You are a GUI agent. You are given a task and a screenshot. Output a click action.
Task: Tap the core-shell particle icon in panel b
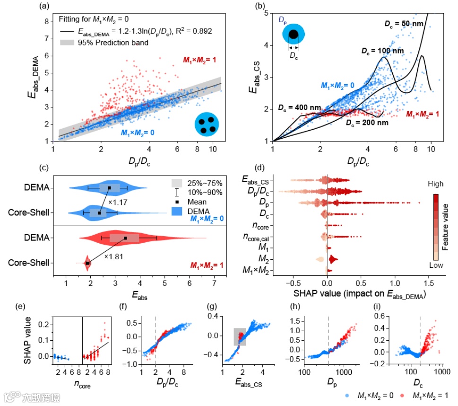294,35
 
